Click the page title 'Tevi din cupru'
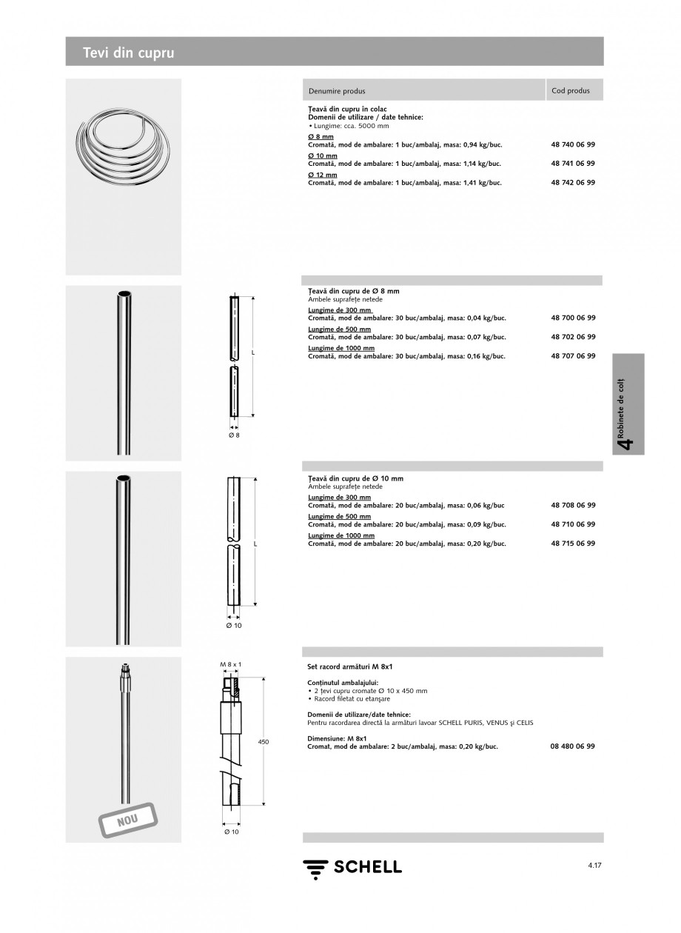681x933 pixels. pyautogui.click(x=129, y=53)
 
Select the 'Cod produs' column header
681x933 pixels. pyautogui.click(x=571, y=90)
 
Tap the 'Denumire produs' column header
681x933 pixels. pyautogui.click(x=337, y=91)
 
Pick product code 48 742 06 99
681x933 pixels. pyautogui.click(x=573, y=182)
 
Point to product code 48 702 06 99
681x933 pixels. pyautogui.click(x=573, y=337)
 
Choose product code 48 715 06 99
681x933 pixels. pyautogui.click(x=573, y=543)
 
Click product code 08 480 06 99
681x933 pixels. pyautogui.click(x=573, y=746)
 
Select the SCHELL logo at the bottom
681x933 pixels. pyautogui.click(x=352, y=867)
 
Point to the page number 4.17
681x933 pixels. pyautogui.click(x=595, y=864)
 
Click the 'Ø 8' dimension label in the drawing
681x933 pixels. pyautogui.click(x=233, y=435)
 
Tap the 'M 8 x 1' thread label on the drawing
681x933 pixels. pyautogui.click(x=231, y=665)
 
